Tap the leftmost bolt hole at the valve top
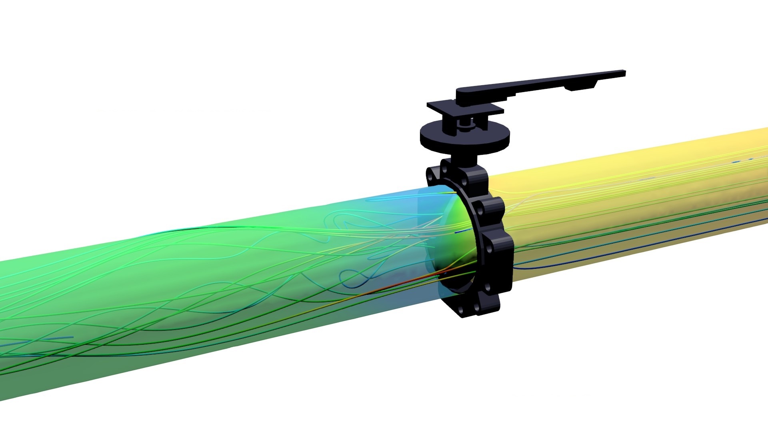430,175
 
